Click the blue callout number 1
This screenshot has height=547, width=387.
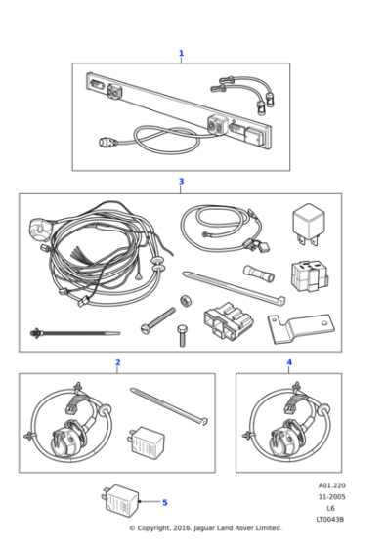pyautogui.click(x=181, y=54)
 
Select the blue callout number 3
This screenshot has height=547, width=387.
pyautogui.click(x=181, y=182)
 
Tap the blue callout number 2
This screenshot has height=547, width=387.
pyautogui.click(x=117, y=362)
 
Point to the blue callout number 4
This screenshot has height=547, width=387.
pyautogui.click(x=288, y=362)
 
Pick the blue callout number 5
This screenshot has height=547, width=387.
pyautogui.click(x=164, y=502)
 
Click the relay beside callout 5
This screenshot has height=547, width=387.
pyautogui.click(x=120, y=500)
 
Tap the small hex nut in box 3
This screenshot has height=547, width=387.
pyautogui.click(x=184, y=300)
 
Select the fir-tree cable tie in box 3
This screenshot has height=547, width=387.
pyautogui.click(x=64, y=332)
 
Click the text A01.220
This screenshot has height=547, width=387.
pyautogui.click(x=331, y=484)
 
